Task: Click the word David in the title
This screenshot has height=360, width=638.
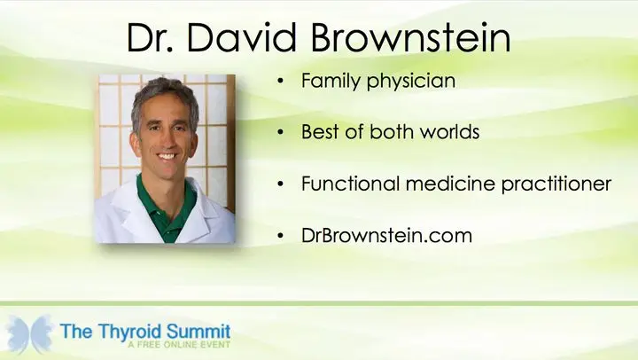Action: pyautogui.click(x=242, y=37)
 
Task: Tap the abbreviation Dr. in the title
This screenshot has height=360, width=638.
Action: pyautogui.click(x=150, y=37)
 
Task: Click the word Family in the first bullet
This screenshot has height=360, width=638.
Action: pyautogui.click(x=331, y=81)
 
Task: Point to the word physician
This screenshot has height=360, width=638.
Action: pyautogui.click(x=411, y=81)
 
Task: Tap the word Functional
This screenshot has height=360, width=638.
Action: pyautogui.click(x=350, y=184)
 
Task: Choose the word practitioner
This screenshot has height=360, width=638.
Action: pyautogui.click(x=556, y=184)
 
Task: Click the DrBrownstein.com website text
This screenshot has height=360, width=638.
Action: pyautogui.click(x=386, y=235)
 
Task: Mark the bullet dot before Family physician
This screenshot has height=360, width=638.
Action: pyautogui.click(x=280, y=81)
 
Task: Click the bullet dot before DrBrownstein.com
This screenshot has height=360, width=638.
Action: pyautogui.click(x=280, y=236)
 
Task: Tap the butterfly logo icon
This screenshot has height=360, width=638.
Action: pyautogui.click(x=29, y=334)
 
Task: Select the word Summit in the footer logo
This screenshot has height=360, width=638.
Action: pyautogui.click(x=198, y=331)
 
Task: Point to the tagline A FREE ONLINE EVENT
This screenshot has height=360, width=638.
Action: pyautogui.click(x=179, y=345)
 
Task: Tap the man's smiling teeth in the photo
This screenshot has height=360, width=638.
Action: pyautogui.click(x=167, y=156)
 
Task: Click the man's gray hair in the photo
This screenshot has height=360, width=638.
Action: pyautogui.click(x=163, y=91)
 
